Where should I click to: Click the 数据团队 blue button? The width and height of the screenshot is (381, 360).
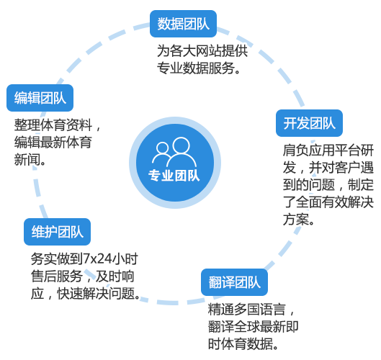pyautogui.click(x=183, y=24)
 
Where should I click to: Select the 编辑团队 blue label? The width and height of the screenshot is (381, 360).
pyautogui.click(x=40, y=98)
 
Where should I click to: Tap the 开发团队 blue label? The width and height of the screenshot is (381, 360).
pyautogui.click(x=309, y=123)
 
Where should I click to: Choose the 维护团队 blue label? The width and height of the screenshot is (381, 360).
pyautogui.click(x=58, y=232)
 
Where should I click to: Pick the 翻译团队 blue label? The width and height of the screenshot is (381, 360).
pyautogui.click(x=235, y=282)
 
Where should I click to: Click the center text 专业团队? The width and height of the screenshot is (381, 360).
pyautogui.click(x=174, y=176)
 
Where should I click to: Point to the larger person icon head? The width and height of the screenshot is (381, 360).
pyautogui.click(x=181, y=145)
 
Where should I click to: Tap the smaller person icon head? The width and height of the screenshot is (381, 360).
pyautogui.click(x=162, y=148)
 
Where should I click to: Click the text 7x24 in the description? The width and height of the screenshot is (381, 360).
pyautogui.click(x=98, y=258)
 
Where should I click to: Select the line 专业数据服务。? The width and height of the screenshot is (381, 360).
pyautogui.click(x=199, y=68)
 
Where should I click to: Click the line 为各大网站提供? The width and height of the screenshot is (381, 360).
pyautogui.click(x=202, y=51)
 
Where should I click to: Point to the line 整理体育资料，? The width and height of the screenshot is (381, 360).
pyautogui.click(x=58, y=125)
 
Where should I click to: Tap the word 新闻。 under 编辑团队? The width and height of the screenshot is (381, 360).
pyautogui.click(x=30, y=160)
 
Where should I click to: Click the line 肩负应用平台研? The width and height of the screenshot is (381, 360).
pyautogui.click(x=328, y=150)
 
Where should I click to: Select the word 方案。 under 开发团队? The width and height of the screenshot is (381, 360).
pyautogui.click(x=299, y=220)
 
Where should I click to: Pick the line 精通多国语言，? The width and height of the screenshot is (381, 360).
pyautogui.click(x=251, y=310)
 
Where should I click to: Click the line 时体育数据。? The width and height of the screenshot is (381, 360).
pyautogui.click(x=243, y=344)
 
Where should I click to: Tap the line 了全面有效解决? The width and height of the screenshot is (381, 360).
pyautogui.click(x=328, y=202)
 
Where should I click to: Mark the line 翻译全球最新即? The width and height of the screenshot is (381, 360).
pyautogui.click(x=254, y=327)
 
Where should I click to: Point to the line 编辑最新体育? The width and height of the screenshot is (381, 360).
pyautogui.click(x=53, y=143)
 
